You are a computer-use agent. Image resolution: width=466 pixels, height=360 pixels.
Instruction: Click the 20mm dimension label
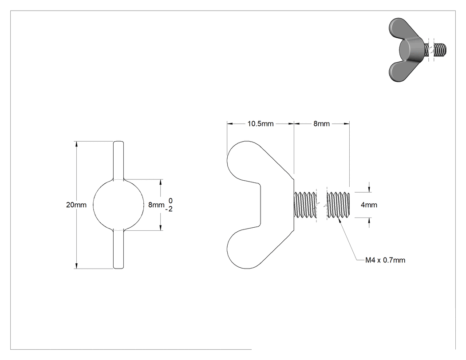click(76, 205)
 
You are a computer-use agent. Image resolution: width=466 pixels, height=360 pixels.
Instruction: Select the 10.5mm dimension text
click(261, 124)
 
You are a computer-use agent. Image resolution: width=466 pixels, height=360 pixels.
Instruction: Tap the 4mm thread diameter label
click(369, 205)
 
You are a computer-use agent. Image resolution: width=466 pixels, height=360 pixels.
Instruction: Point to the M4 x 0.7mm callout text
click(385, 260)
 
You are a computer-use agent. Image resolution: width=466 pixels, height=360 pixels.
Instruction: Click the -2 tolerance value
click(169, 209)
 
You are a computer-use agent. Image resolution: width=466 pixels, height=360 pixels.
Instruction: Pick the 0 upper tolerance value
click(170, 201)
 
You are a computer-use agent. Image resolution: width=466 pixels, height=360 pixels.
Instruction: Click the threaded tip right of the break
click(338, 205)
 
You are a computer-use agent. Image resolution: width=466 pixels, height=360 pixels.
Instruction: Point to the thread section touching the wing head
click(305, 205)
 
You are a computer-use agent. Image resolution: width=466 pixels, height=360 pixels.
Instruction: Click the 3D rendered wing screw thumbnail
click(417, 50)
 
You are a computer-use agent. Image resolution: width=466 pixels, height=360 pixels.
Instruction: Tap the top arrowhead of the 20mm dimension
click(76, 144)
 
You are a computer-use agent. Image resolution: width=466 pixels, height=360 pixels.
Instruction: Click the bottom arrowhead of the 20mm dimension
click(76, 266)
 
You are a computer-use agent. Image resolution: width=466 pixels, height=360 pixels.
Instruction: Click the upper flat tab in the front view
click(118, 160)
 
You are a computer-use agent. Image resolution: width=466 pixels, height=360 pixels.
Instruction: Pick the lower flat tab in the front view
click(118, 249)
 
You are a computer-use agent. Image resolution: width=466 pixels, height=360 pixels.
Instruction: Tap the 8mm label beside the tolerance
click(156, 205)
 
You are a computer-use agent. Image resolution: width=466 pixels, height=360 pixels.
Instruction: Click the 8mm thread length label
click(322, 124)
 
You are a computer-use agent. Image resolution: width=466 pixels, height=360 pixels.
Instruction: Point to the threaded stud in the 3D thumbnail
click(437, 50)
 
